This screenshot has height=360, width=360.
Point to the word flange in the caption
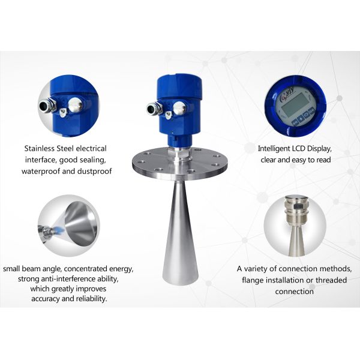[x=251, y=280]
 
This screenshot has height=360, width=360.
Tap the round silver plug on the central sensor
[x=179, y=108]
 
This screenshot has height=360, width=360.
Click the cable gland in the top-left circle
[x=47, y=104]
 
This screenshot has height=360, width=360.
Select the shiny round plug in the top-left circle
[x=76, y=104]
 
